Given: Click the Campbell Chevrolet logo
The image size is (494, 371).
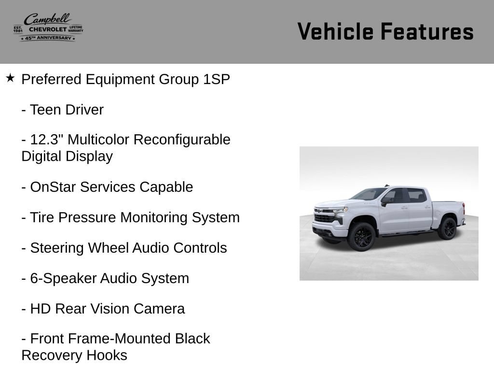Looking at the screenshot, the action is [x=48, y=28].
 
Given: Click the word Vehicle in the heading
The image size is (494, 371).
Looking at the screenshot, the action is [x=336, y=31].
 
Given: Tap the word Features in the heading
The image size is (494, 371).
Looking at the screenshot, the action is [x=427, y=31].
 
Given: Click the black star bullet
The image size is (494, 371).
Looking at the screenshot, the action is [x=10, y=78].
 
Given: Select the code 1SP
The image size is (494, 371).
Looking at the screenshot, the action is [x=217, y=79].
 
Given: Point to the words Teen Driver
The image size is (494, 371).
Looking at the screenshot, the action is [x=67, y=110].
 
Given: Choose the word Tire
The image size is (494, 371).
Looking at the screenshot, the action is [x=42, y=217].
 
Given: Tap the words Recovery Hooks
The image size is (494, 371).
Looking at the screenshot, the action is [x=74, y=355].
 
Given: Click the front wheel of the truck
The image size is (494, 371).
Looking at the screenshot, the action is [x=361, y=237].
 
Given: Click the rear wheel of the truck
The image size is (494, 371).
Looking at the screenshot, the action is [x=448, y=228].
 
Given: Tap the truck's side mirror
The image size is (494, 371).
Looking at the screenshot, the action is [x=385, y=200].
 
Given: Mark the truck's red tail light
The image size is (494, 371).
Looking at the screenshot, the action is [x=464, y=209].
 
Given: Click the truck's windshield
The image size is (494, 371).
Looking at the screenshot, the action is [x=369, y=193].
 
